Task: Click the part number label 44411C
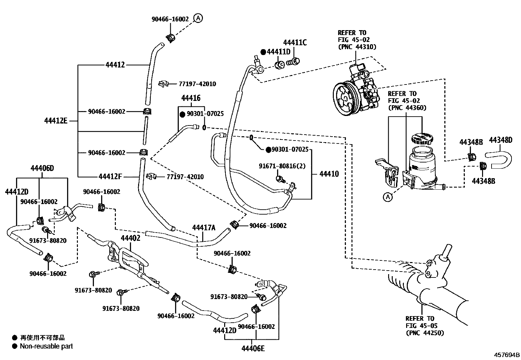tap(295, 43)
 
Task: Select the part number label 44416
tap(191, 98)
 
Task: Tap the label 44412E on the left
tap(56, 121)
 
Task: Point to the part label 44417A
tap(204, 227)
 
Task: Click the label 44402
tap(130, 238)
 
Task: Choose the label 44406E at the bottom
tap(253, 349)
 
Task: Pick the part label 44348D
tap(500, 141)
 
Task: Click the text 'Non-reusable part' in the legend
tap(46, 346)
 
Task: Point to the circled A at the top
tap(198, 18)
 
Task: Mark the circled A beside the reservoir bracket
tap(387, 197)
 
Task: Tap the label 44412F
tap(110, 177)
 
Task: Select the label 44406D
tap(42, 168)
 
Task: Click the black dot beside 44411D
tap(263, 52)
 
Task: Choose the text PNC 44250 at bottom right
tap(424, 333)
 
